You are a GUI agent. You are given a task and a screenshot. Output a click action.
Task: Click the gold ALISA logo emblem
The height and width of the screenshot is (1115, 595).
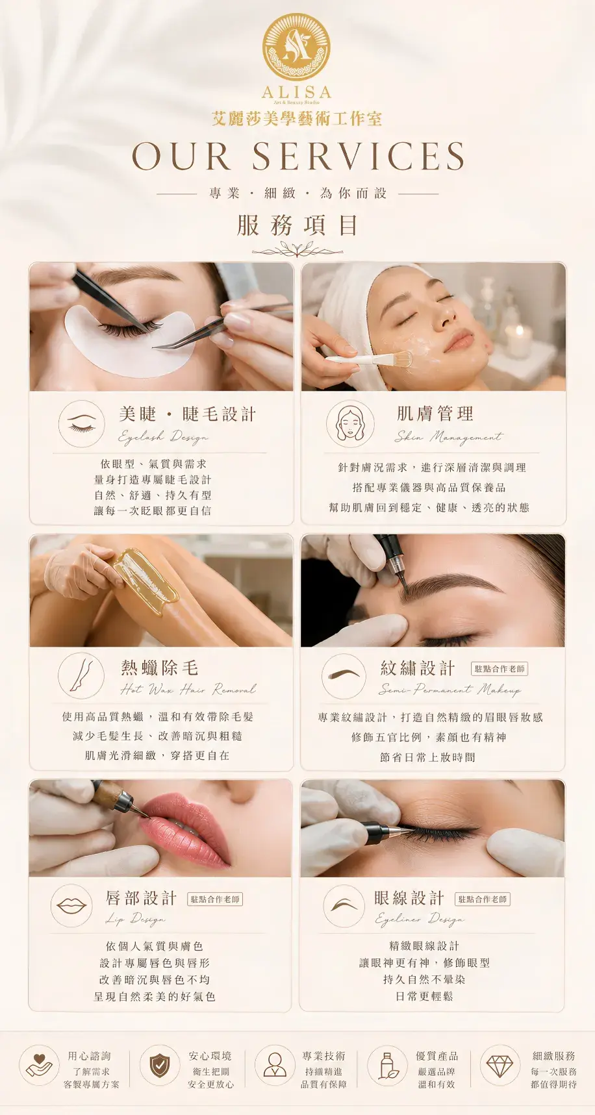pos(296,47)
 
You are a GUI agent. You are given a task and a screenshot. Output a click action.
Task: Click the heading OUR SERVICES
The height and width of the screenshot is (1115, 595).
pos(298,157)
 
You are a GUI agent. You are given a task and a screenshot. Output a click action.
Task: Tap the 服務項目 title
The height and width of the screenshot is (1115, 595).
pos(297,225)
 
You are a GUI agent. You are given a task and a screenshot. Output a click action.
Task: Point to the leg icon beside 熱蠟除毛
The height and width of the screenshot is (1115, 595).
pos(81,675)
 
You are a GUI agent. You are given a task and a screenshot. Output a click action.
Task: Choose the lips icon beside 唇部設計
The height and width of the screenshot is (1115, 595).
pos(71,906)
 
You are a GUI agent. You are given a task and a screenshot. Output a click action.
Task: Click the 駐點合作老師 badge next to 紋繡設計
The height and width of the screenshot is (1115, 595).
pos(500,669)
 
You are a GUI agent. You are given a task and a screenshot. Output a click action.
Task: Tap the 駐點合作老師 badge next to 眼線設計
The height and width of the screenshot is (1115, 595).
pos(483,899)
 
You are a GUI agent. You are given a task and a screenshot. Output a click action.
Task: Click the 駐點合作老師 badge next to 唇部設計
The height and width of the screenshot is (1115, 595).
pos(215,899)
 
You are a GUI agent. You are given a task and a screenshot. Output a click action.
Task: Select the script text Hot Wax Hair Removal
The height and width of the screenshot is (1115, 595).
pos(188,689)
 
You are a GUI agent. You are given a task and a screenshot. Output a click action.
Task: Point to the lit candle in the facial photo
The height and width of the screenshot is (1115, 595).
pos(518,338)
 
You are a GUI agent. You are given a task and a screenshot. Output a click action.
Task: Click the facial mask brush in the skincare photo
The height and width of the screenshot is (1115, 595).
pos(369,358)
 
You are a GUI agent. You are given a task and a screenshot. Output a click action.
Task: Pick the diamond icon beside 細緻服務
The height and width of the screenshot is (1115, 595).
pos(500,1066)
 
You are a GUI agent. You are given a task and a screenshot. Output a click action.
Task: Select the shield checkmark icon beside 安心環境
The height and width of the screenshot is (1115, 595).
pos(160,1066)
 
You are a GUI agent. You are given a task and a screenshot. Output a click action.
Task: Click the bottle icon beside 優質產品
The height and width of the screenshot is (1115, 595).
pos(388,1066)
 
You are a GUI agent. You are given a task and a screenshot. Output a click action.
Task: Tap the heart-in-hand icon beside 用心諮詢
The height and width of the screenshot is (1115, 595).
pos(39,1066)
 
